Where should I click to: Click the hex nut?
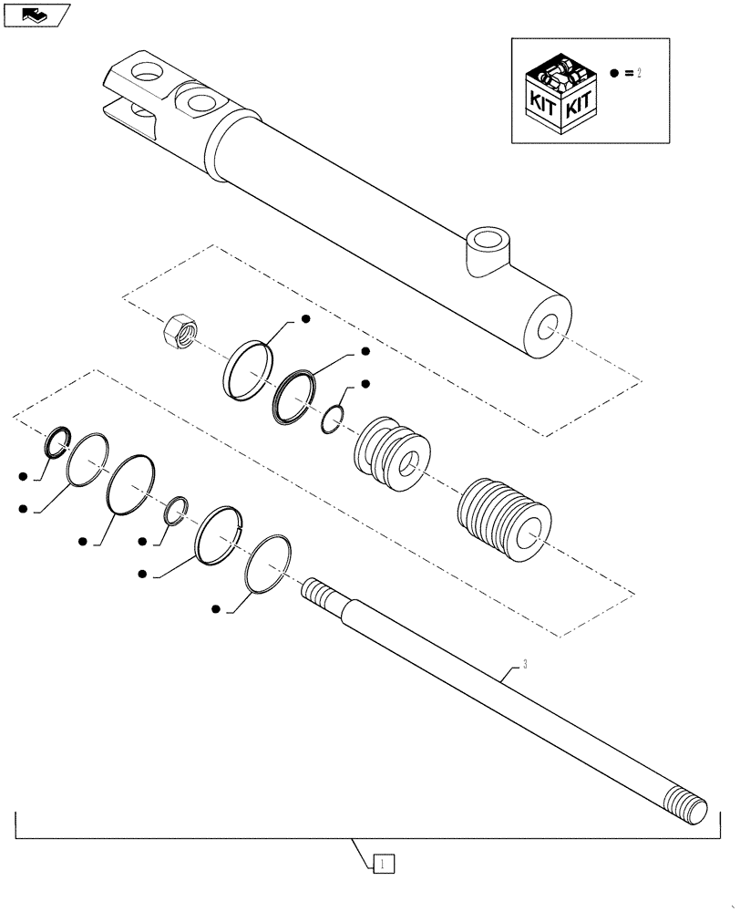point(178,330)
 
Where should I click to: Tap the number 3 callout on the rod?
point(524,665)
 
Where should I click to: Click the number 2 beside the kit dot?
point(639,73)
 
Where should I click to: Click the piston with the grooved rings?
point(391,449)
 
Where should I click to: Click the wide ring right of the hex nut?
point(248,369)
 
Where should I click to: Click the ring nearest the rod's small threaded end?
point(269,563)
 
